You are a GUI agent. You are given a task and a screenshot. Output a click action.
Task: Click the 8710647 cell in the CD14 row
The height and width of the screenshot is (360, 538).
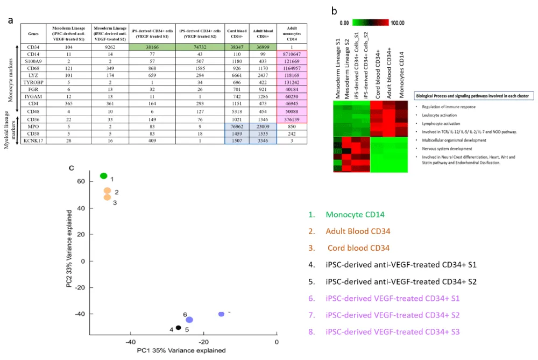291,55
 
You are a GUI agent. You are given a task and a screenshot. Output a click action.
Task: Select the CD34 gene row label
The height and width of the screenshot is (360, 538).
33,47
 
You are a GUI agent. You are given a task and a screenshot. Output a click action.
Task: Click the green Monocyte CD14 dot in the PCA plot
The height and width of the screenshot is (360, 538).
104,176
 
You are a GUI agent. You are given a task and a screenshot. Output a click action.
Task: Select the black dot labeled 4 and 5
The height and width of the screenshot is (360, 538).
178,327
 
